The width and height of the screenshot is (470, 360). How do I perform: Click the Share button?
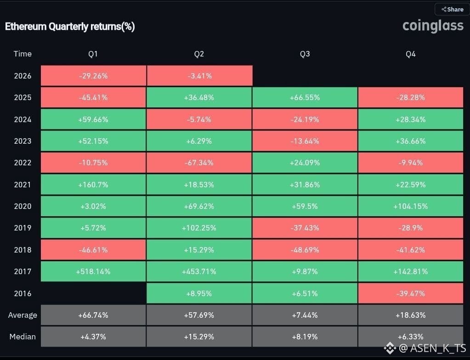pos(453,9)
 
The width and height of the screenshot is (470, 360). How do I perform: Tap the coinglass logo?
pos(433,26)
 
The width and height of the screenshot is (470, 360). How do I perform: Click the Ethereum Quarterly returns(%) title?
pos(70,27)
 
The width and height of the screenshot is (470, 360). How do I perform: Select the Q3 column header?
pos(305,54)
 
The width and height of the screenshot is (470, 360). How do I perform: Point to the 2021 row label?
pos(23,185)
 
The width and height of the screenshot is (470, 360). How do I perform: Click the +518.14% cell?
pos(93,271)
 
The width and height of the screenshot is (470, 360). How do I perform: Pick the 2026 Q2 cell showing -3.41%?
pos(199,76)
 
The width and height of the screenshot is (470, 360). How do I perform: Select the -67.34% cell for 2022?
pos(199,163)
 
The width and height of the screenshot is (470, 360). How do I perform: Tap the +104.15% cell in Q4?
pos(411,206)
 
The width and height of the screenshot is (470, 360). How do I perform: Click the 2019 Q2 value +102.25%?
pos(199,228)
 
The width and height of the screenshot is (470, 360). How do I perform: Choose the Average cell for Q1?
pos(93,315)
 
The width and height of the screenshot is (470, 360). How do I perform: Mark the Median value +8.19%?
pos(305,337)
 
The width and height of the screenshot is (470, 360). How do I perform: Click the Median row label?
pos(23,337)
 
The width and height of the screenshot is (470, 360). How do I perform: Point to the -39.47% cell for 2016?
pos(411,293)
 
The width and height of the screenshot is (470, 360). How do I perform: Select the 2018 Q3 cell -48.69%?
pos(305,250)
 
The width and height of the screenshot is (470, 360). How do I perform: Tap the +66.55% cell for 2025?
pos(305,97)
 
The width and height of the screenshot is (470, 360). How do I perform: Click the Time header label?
pos(23,54)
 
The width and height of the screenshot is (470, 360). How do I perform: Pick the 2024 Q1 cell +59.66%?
pos(93,119)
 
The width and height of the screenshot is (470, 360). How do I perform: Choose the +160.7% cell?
pos(93,185)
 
